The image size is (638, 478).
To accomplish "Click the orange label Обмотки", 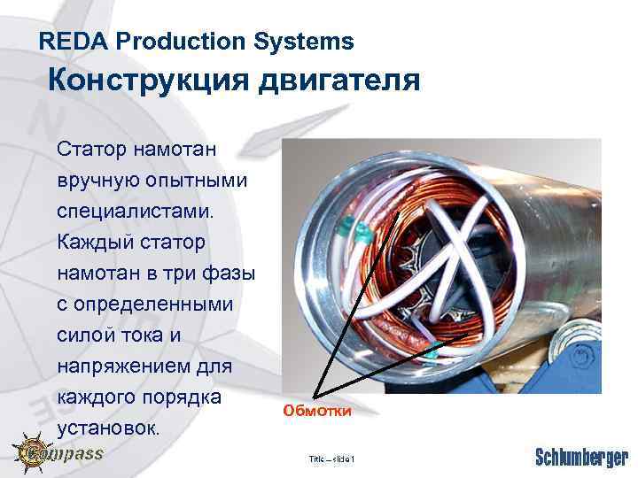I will coord(317,411).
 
